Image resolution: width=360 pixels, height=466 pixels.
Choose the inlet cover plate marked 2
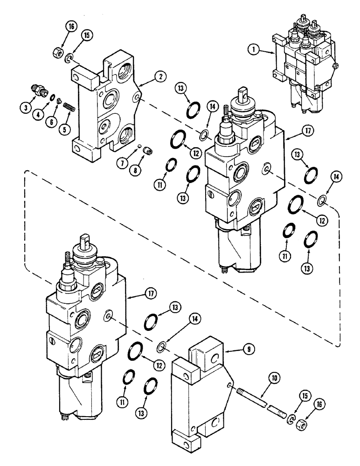[x=105, y=107]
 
